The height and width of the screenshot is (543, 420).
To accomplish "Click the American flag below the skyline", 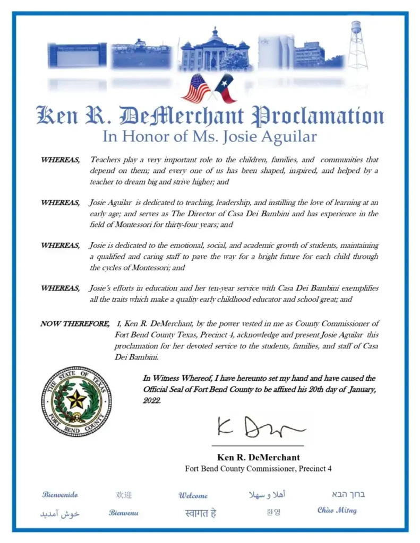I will [196, 88].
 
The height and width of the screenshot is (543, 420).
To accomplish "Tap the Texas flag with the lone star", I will [225, 89].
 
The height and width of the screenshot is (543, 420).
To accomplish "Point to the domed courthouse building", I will [215, 52].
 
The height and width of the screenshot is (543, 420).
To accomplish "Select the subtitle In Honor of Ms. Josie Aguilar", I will [210, 137].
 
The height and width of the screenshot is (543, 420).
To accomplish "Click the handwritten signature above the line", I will [260, 426].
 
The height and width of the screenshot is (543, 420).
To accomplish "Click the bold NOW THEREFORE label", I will [74, 323].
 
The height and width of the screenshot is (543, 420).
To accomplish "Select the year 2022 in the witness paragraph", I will [152, 401].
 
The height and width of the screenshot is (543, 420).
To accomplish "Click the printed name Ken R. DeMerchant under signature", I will [258, 457].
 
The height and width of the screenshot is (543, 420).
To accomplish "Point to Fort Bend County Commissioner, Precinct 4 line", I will [258, 469].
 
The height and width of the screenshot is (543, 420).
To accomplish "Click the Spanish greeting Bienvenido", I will [60, 495].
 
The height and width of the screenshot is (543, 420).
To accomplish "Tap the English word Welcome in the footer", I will [193, 496].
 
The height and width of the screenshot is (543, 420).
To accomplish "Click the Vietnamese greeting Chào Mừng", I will [337, 511].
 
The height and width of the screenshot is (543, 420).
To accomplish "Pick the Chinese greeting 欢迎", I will [124, 495].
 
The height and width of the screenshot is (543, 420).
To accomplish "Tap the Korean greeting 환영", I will [273, 512].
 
